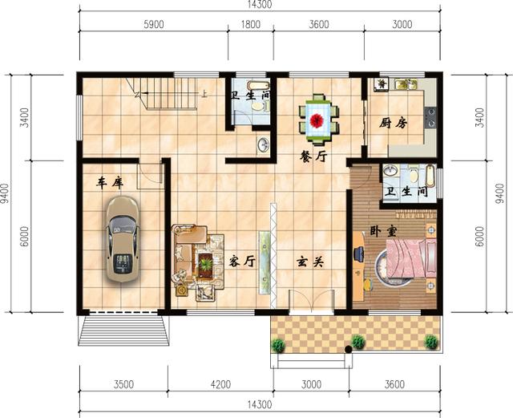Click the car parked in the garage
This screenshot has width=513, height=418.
pos(123,239)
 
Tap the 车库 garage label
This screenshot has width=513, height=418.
pos(110,183)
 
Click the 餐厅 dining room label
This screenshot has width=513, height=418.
pos(313,156)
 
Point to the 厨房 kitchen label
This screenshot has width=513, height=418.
pos(394,124)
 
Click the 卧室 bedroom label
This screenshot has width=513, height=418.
pos(383,231)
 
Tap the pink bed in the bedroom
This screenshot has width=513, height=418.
pos(411,258)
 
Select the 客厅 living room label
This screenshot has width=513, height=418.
pos(242,261)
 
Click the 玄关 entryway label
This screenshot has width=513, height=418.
pos(310,262)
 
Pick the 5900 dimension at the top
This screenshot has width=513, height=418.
pos(154,24)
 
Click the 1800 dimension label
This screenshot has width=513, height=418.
pos(251,24)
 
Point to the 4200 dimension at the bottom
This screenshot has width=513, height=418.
pos(220,384)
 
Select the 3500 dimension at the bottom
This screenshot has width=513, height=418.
pos(124,384)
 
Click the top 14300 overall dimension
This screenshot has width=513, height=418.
pos(260,5)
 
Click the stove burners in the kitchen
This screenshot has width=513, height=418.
pos(430,117)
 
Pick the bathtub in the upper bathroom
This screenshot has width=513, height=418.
pos(257,85)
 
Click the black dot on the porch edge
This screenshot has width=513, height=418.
pos(349,350)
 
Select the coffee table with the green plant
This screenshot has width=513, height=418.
pos(205,264)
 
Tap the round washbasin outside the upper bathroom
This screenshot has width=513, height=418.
pos(263,144)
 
